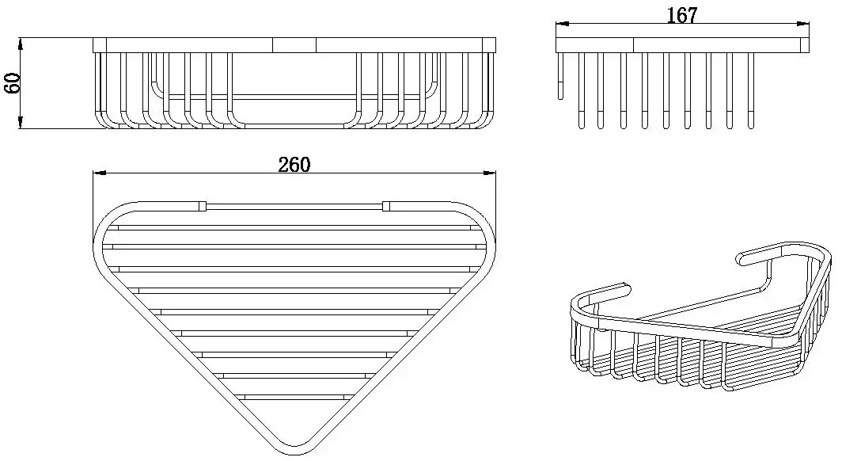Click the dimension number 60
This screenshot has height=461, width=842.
pyautogui.click(x=12, y=82)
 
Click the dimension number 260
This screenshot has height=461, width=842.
pyautogui.click(x=294, y=165)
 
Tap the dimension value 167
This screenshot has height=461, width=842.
pyautogui.click(x=682, y=16)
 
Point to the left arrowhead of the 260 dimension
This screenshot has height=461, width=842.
pyautogui.click(x=100, y=173)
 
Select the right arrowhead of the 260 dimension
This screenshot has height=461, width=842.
pyautogui.click(x=490, y=173)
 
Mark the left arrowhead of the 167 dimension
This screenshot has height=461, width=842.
pyautogui.click(x=562, y=24)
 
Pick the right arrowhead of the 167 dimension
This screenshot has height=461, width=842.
pyautogui.click(x=803, y=24)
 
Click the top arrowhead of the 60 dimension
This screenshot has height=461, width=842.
pyautogui.click(x=21, y=44)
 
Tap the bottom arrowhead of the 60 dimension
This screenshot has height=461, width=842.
pyautogui.click(x=21, y=122)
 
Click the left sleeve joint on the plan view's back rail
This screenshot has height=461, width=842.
pyautogui.click(x=203, y=206)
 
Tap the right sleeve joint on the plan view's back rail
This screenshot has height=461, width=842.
pyautogui.click(x=387, y=206)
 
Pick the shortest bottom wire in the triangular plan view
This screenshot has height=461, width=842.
pyautogui.click(x=295, y=397)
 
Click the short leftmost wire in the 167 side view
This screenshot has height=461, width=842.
pyautogui.click(x=561, y=76)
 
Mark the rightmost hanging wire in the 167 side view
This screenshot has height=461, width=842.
pyautogui.click(x=750, y=90)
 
